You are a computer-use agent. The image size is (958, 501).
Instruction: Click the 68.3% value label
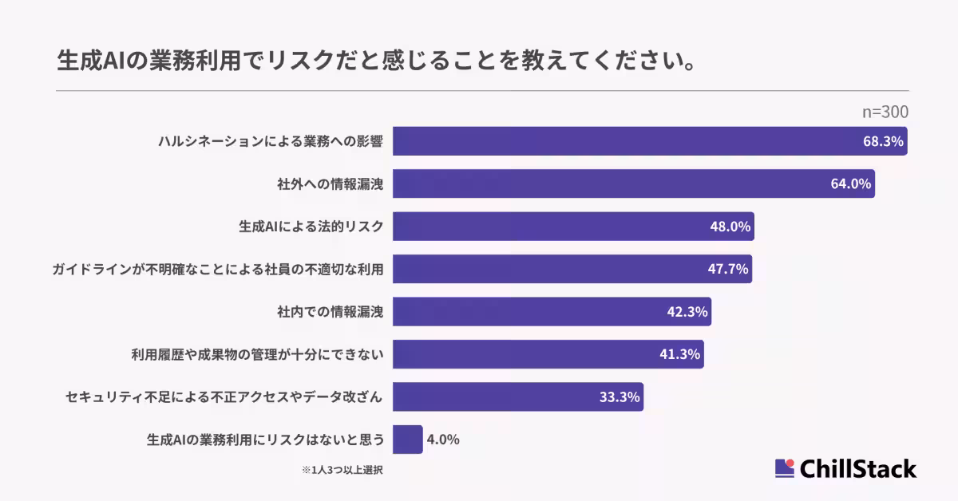[883, 141]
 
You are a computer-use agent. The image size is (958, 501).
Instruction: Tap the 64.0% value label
[850, 183]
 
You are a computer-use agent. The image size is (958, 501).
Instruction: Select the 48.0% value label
[730, 227]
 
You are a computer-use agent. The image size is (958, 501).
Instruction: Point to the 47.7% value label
[728, 269]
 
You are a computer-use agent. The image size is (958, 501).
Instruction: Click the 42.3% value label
[687, 312]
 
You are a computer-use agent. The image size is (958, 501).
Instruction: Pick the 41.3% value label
[680, 354]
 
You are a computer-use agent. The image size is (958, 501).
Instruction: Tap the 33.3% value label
[620, 397]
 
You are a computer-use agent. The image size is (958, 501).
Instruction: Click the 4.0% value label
[443, 440]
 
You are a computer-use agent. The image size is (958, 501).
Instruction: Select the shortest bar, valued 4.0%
[407, 440]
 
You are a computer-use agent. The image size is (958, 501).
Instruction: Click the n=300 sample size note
[885, 112]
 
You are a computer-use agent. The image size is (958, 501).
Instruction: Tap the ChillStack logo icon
[785, 468]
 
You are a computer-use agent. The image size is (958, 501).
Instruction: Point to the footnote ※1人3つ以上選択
[342, 470]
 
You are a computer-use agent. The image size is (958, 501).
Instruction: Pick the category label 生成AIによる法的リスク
[311, 227]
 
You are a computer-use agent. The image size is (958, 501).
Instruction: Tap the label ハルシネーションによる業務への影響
[271, 142]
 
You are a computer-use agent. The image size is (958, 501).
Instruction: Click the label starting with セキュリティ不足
[224, 397]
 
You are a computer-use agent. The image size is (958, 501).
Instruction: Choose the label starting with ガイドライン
[217, 270]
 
